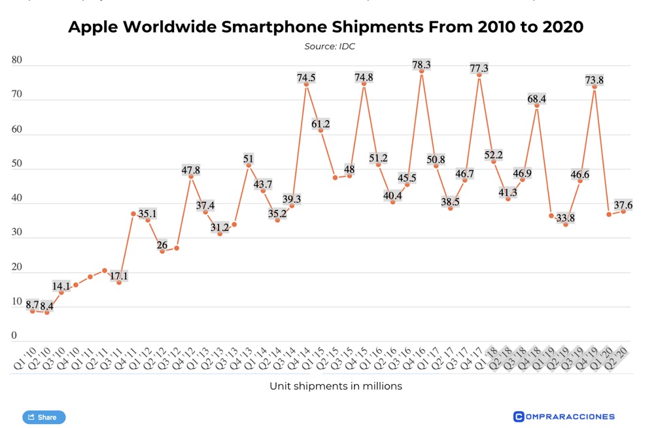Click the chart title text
click(x=326, y=27)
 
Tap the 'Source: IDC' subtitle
click(x=330, y=46)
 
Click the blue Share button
click(x=44, y=417)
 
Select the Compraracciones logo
click(x=564, y=416)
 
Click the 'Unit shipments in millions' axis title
click(x=336, y=386)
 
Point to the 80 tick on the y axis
click(x=17, y=61)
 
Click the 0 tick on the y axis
click(x=14, y=337)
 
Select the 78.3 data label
click(x=421, y=65)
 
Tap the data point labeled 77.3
click(x=479, y=75)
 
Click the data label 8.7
click(x=32, y=305)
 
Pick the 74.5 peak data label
click(x=306, y=78)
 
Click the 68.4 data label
click(x=537, y=99)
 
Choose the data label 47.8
click(x=191, y=171)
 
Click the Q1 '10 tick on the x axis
click(x=24, y=359)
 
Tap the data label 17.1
click(x=119, y=276)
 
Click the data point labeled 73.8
click(x=594, y=87)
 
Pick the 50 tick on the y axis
click(x=17, y=164)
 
